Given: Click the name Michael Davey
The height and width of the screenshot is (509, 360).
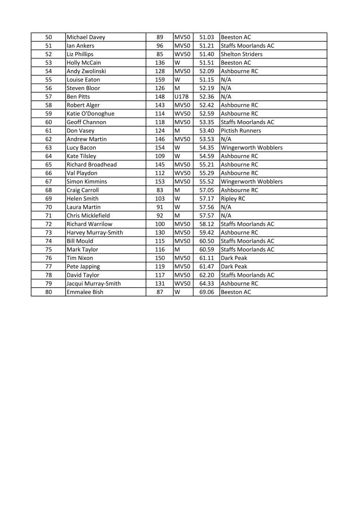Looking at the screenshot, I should [86, 37].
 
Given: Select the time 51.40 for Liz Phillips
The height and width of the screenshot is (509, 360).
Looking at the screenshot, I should [206, 54].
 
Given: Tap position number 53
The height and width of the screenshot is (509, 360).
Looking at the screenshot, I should [49, 63].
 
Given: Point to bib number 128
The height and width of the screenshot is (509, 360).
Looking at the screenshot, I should [160, 71].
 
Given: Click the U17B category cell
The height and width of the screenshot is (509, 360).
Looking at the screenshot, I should [181, 97].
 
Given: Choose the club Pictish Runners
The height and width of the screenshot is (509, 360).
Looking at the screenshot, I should [241, 131].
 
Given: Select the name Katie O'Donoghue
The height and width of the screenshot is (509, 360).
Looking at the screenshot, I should [90, 114].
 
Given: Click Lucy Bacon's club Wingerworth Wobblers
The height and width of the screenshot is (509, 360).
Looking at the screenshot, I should [252, 148].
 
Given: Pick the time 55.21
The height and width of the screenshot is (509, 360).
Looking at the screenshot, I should [206, 164].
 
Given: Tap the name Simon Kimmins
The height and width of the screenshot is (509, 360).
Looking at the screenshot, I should [87, 181].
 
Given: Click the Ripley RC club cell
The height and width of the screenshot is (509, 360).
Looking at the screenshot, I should [233, 198].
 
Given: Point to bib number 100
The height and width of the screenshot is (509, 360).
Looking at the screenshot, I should [160, 224].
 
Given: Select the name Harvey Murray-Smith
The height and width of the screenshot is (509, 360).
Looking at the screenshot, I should [95, 232].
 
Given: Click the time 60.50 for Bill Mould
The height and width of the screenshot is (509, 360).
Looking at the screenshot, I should [206, 241].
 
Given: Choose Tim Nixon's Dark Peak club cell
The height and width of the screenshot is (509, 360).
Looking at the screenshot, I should [234, 258].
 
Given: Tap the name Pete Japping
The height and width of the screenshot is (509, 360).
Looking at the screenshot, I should [83, 266].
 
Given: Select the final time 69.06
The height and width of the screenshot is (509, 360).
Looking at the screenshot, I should [206, 292].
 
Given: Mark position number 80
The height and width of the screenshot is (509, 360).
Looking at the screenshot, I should [49, 292].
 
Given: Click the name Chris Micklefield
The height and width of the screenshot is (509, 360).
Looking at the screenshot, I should [88, 215].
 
